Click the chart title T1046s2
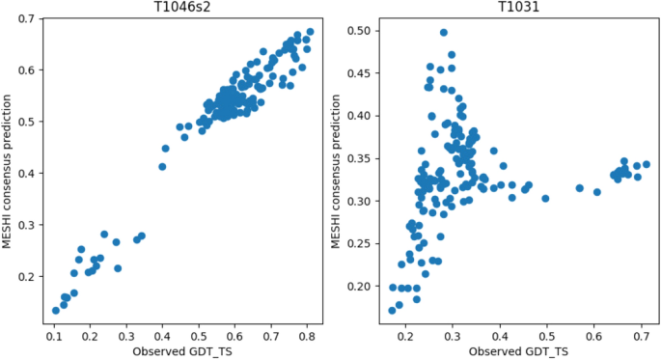182,8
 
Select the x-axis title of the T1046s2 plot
182,351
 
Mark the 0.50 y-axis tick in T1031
359,31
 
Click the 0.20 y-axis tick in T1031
359,287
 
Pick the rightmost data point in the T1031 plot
647,164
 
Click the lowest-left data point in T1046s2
56,311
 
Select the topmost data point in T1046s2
310,32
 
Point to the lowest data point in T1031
392,311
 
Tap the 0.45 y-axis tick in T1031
359,73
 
